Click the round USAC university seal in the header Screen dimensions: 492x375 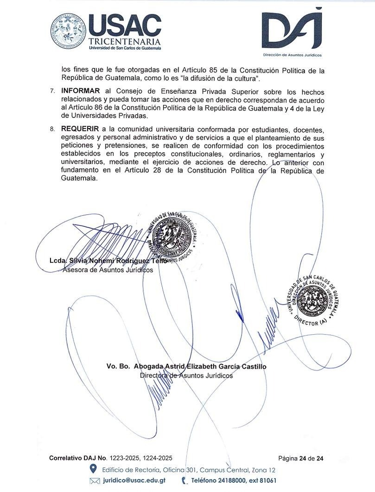pyautogui.click(x=68, y=32)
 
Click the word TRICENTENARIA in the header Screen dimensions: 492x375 pyautogui.click(x=125, y=42)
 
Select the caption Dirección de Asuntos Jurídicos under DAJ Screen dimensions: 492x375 pyautogui.click(x=292, y=55)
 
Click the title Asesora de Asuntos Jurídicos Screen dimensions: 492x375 pyautogui.click(x=108, y=270)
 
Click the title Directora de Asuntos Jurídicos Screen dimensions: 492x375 pyautogui.click(x=186, y=375)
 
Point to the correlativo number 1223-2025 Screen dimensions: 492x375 pyautogui.click(x=124, y=459)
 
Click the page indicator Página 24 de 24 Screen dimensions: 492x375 pyautogui.click(x=301, y=459)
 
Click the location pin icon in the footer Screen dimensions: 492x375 pyautogui.click(x=93, y=470)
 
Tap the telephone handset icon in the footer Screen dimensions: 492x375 pyautogui.click(x=184, y=481)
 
